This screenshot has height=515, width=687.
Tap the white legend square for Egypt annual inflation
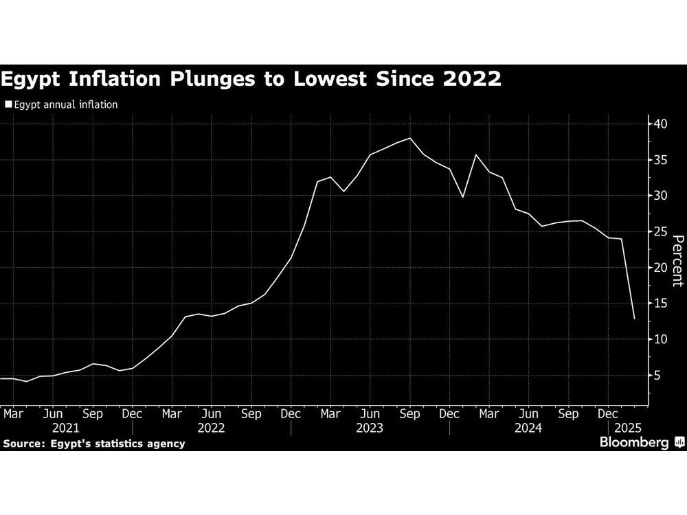click(8, 105)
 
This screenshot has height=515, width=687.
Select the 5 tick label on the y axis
click(658, 376)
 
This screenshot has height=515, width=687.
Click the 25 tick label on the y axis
click(662, 232)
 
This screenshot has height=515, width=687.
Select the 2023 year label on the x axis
click(370, 428)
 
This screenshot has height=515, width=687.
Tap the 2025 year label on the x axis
click(627, 428)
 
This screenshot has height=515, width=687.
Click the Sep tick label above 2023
click(410, 414)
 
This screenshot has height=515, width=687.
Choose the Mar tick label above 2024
click(489, 414)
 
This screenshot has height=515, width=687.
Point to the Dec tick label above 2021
click(132, 414)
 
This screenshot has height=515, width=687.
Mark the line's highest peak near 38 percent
click(410, 138)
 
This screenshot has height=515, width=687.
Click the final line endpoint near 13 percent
click(634, 319)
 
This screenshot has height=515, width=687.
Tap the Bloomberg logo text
click(635, 443)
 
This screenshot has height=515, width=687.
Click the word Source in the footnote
click(22, 444)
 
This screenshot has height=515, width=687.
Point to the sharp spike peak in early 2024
click(476, 154)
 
